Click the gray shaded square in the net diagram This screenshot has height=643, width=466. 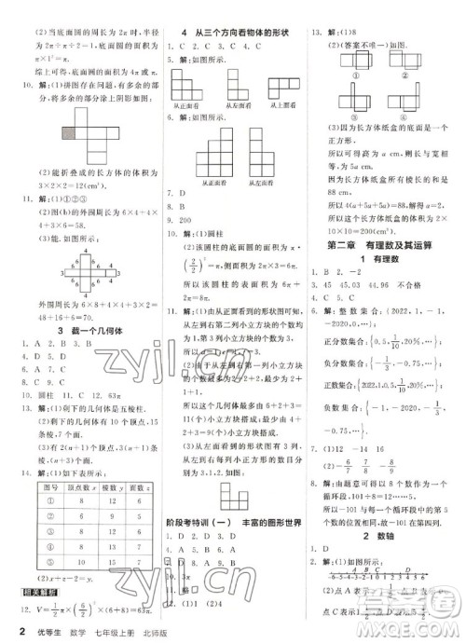point(44,133)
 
